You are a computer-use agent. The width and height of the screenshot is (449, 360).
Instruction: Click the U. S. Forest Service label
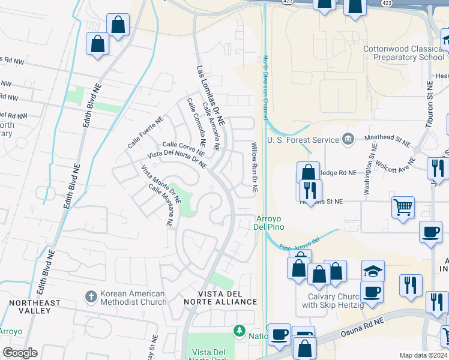[303, 140]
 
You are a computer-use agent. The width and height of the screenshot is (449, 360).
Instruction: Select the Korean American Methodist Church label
[133, 298]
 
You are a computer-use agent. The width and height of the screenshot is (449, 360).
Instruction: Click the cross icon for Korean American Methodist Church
[91, 297]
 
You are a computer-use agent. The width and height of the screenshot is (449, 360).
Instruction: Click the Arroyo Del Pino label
[270, 223]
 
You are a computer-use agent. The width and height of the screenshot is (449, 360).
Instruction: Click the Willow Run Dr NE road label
[254, 167]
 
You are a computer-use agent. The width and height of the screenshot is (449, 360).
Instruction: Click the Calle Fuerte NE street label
[145, 133]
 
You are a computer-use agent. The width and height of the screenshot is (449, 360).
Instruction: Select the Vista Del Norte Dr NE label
[177, 160]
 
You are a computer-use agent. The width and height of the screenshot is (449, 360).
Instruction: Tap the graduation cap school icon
[373, 271]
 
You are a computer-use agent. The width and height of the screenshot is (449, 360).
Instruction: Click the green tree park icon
[240, 331]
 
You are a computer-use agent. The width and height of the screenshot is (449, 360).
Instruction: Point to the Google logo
[20, 353]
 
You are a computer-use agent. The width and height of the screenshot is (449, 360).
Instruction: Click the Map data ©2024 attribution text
[423, 355]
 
